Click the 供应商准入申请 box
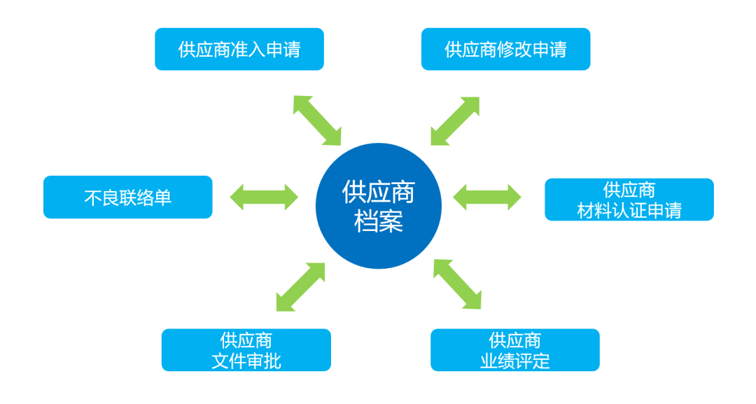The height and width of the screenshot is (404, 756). (x=239, y=49)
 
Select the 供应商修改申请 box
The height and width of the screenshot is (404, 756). (x=505, y=49)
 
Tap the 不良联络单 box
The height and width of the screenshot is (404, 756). (x=127, y=197)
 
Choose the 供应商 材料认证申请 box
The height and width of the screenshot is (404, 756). (x=629, y=200)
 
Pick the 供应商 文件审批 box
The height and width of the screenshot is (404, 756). (x=246, y=350)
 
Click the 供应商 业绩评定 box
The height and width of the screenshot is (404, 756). (x=514, y=350)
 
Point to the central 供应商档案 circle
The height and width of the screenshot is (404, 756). (x=378, y=206)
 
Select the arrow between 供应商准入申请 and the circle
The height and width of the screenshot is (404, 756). (x=316, y=120)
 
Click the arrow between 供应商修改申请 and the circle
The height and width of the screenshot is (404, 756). (x=455, y=120)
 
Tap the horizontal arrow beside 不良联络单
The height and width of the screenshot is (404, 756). (x=264, y=196)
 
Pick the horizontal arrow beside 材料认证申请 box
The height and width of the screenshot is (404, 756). (x=487, y=196)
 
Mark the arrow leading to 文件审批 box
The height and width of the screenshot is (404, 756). (x=301, y=286)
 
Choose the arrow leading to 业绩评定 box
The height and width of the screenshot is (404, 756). (x=458, y=284)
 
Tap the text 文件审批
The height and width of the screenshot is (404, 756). (x=246, y=361)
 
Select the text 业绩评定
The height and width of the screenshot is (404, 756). (x=514, y=361)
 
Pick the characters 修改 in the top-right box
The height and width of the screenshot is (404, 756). (x=514, y=50)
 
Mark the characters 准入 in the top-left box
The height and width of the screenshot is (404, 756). (x=248, y=50)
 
